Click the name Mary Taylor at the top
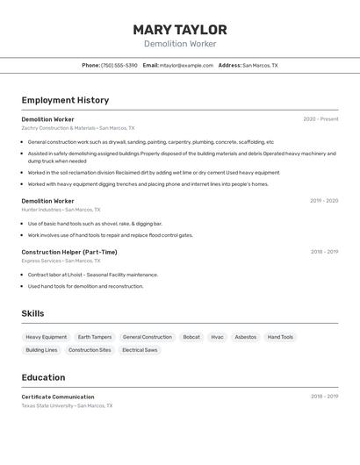point(180,30)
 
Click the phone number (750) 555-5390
point(119,65)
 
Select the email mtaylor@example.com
point(186,65)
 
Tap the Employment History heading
point(65,100)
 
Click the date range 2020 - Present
point(320,119)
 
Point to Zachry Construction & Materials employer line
point(78,128)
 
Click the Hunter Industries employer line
point(61,210)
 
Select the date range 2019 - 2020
point(324,201)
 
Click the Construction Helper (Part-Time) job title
point(69,252)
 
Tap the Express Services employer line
point(61,261)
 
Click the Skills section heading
point(32,313)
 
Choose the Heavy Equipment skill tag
point(46,337)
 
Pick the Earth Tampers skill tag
point(95,337)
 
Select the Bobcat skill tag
point(191,337)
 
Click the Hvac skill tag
point(217,337)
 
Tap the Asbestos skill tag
point(246,337)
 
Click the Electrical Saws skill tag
point(140,350)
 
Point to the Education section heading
point(43,377)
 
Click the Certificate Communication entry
point(58,397)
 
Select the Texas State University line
point(67,405)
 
